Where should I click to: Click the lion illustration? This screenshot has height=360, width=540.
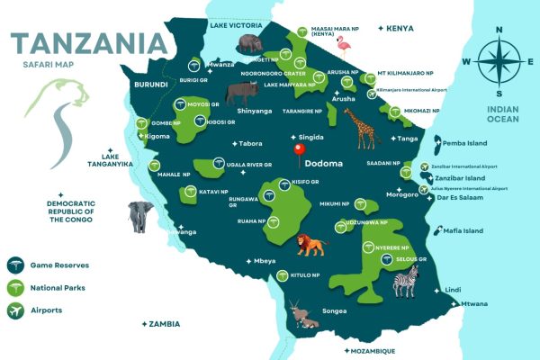pos(311,244)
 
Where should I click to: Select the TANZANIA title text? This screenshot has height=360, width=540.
pos(88,43)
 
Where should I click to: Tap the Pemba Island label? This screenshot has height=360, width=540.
pos(463,143)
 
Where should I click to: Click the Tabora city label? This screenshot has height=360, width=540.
pos(249,144)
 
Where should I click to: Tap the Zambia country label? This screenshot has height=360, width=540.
pos(165,324)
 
